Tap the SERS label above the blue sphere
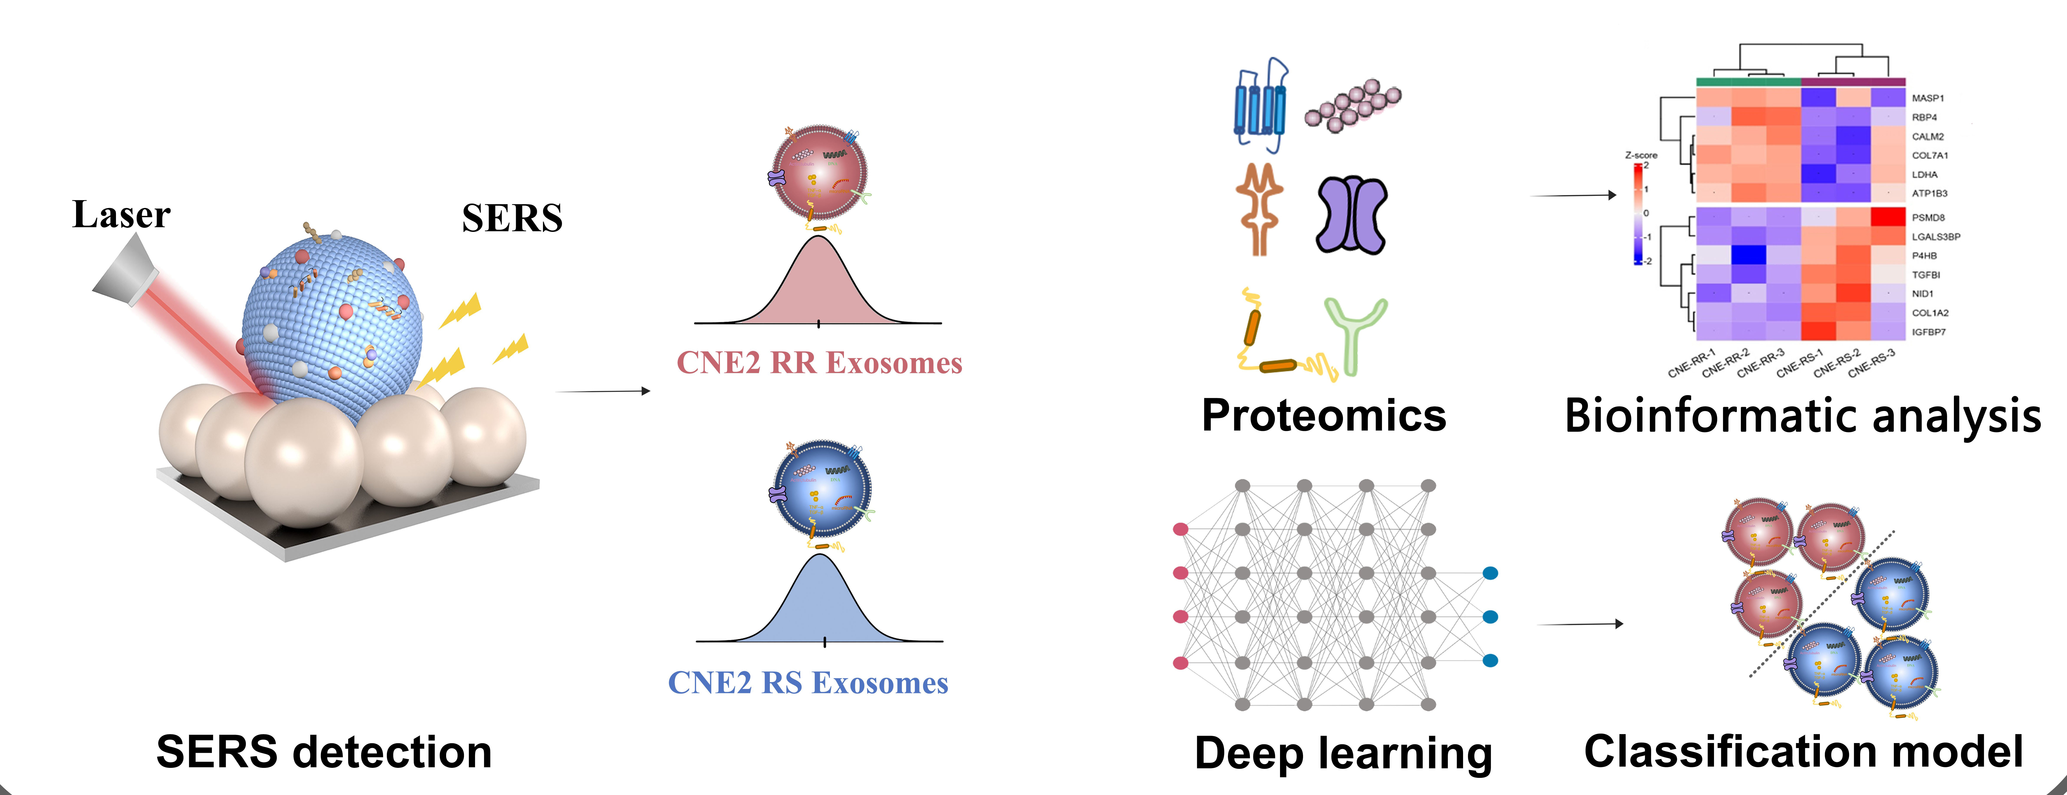512,218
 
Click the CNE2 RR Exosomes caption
819,363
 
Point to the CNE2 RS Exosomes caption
808,683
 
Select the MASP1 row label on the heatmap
1927,98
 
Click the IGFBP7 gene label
1928,332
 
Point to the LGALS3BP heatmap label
1935,237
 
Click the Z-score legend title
1641,155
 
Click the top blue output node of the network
1490,573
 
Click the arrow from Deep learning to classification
1579,624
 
